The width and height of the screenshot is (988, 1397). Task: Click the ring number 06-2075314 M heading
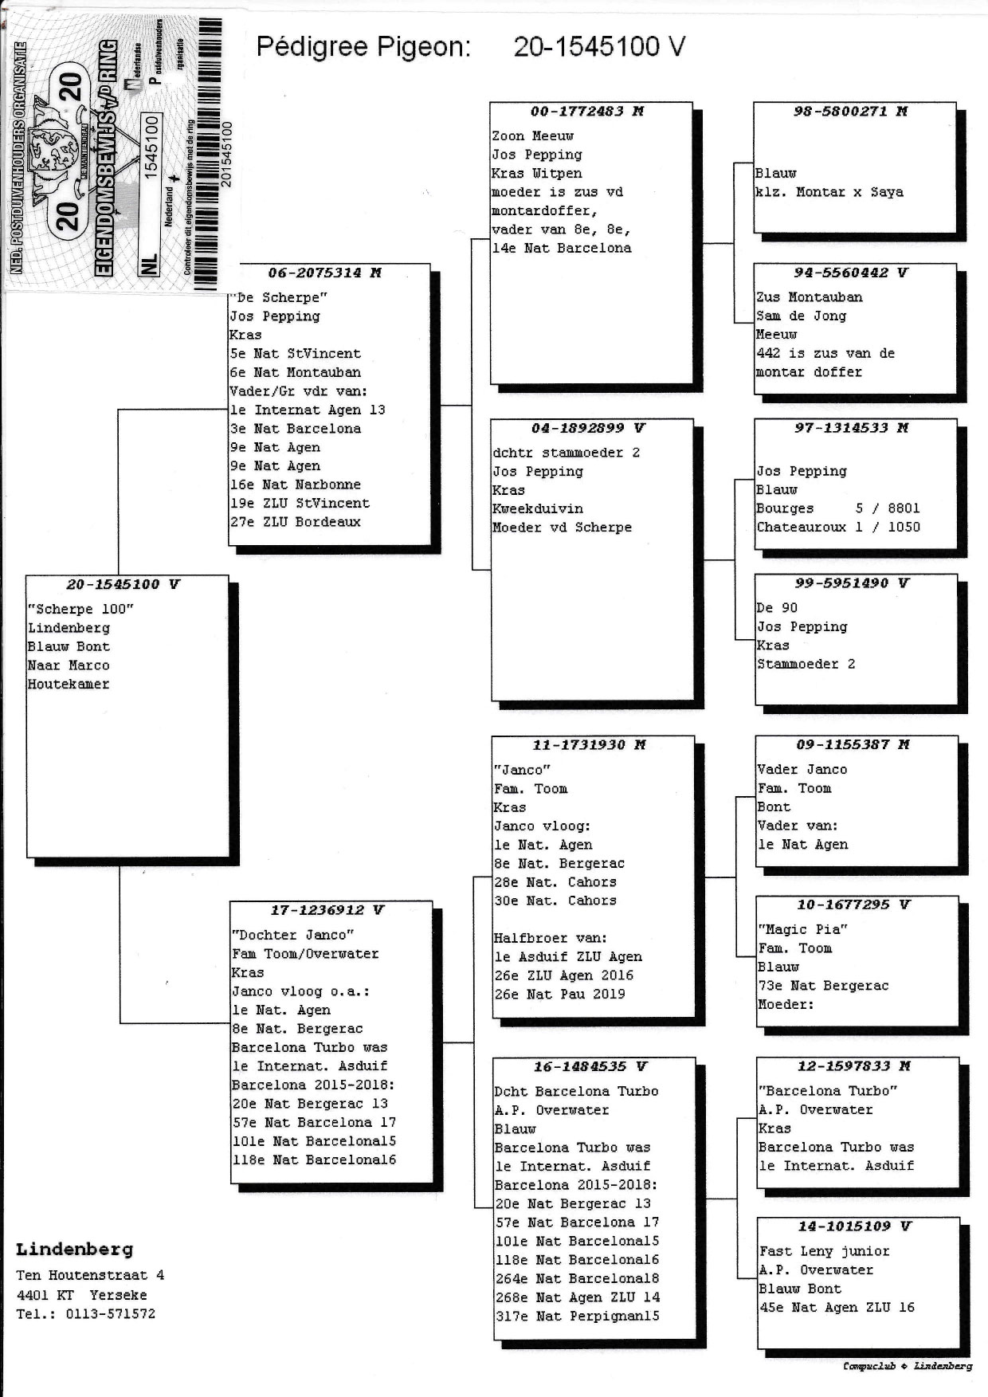click(324, 273)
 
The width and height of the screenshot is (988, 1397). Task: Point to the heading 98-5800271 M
click(850, 112)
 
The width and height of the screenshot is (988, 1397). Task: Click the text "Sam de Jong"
click(802, 316)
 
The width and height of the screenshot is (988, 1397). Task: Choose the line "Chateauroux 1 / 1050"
click(838, 527)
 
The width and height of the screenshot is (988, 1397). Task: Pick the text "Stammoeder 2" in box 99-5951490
click(806, 664)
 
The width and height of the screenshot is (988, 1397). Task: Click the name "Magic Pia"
click(802, 929)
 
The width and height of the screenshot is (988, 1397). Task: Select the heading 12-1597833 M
click(853, 1066)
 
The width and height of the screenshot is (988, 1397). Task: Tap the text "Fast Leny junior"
click(824, 1251)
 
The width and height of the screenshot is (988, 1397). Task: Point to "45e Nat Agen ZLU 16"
click(837, 1307)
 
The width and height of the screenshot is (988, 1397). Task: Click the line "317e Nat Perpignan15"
click(577, 1316)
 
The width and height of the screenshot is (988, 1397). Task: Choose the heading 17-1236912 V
click(327, 910)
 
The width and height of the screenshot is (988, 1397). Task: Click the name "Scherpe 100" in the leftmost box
click(80, 609)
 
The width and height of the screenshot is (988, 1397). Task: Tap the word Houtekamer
click(69, 684)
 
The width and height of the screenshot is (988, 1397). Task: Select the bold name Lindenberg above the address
click(74, 1250)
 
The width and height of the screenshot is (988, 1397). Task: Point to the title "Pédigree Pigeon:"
click(363, 47)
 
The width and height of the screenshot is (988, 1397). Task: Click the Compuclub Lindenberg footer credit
click(907, 1366)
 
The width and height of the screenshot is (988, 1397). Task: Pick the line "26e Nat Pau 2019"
click(559, 994)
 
